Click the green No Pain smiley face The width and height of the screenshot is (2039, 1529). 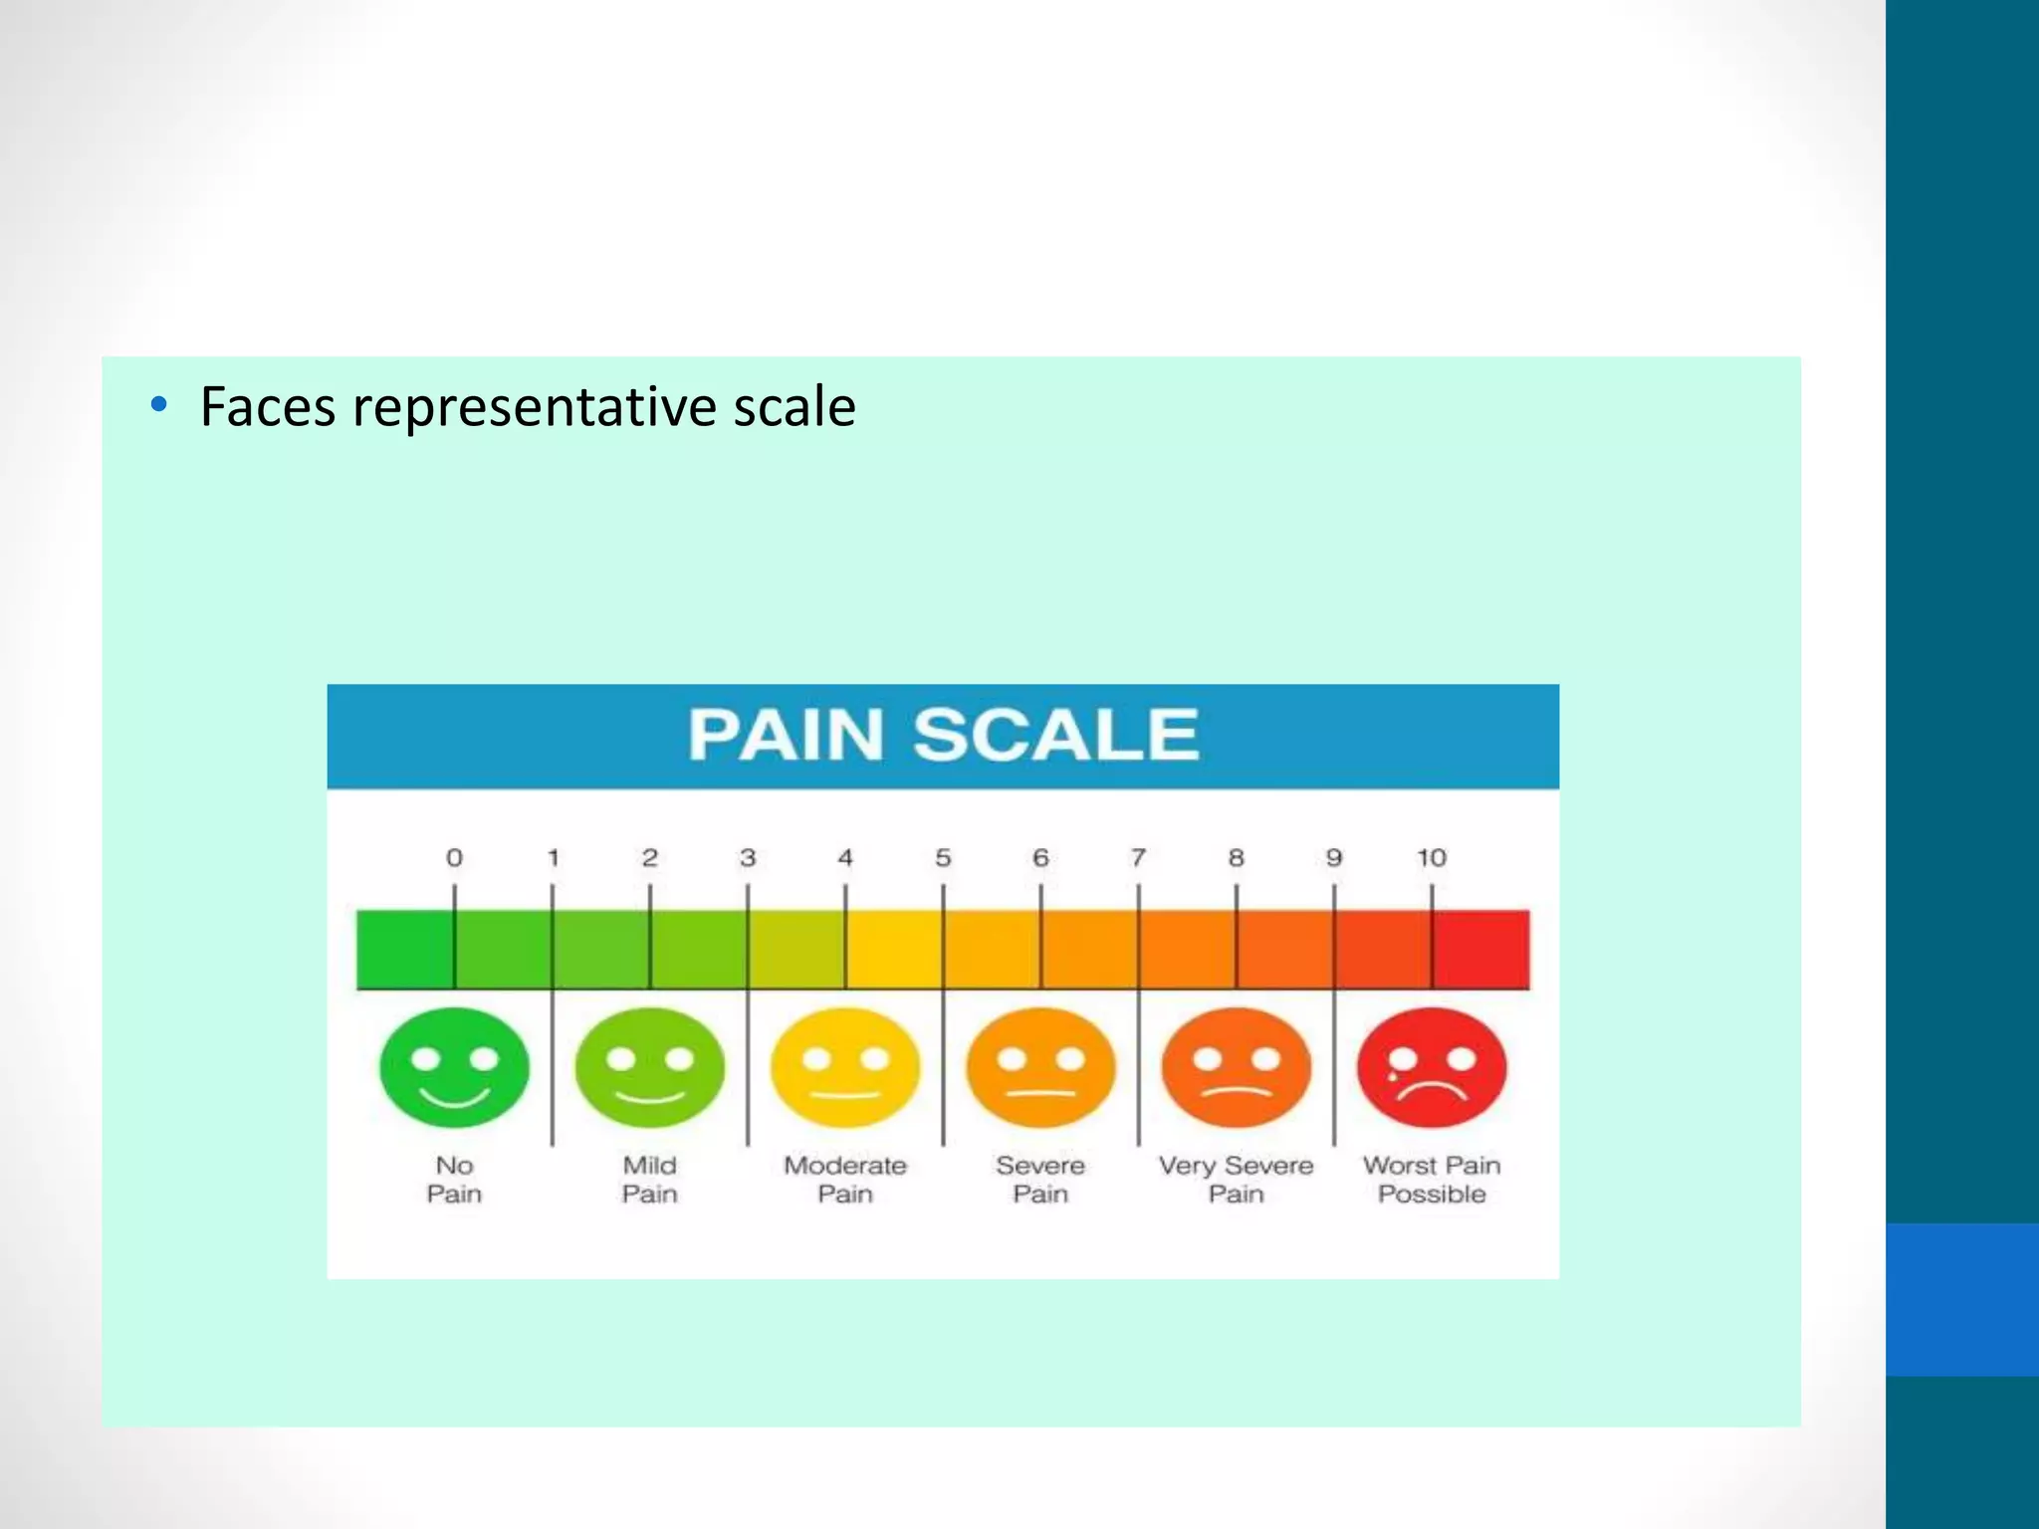454,1068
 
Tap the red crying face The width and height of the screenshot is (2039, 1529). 1432,1068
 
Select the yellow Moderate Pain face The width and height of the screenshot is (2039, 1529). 845,1068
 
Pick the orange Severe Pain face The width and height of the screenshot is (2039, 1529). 1040,1068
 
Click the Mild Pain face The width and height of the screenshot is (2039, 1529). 649,1068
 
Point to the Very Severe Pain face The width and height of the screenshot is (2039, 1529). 1236,1068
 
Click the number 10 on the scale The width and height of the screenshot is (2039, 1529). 1432,857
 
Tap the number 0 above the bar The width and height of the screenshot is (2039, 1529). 454,857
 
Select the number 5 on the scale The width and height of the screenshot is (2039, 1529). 943,857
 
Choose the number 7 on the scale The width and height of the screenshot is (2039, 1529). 1138,857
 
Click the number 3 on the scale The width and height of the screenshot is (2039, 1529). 748,857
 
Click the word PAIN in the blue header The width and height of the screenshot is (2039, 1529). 786,736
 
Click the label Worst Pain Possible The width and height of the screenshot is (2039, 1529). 1432,1180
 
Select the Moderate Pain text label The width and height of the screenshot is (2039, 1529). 845,1180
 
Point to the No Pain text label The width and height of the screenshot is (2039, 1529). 454,1180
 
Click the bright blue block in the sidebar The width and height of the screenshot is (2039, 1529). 1961,1299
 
